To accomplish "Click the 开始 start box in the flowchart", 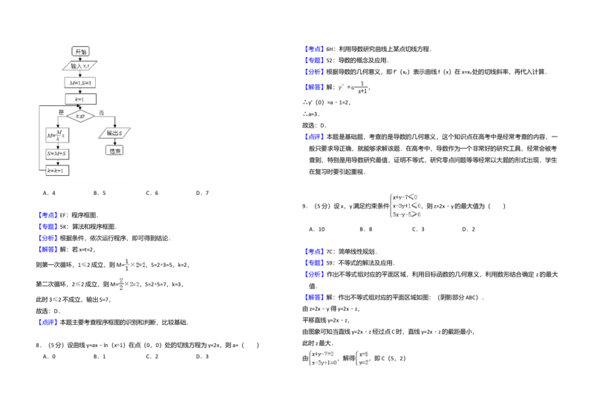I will coord(80,51).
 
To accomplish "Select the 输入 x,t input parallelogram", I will coord(80,66).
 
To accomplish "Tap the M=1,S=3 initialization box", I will coord(80,82).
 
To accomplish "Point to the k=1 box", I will coord(80,99).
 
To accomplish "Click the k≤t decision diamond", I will coord(80,116).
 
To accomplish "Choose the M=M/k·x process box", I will coord(57,135).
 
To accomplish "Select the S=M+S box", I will coord(57,154).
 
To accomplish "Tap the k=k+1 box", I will coord(57,171).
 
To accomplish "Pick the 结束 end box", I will coord(114,150).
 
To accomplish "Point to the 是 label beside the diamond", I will coord(62,111).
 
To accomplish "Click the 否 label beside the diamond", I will coord(102,111).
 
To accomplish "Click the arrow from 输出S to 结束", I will coord(114,142).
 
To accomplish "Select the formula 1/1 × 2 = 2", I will coord(134,263).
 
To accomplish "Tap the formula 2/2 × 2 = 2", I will coord(128,283).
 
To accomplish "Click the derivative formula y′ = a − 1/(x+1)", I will coord(353,88).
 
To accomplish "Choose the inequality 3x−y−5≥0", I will coord(406,214).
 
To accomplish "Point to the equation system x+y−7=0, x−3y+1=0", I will coord(322,358).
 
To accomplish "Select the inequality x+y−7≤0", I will coord(406,197).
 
